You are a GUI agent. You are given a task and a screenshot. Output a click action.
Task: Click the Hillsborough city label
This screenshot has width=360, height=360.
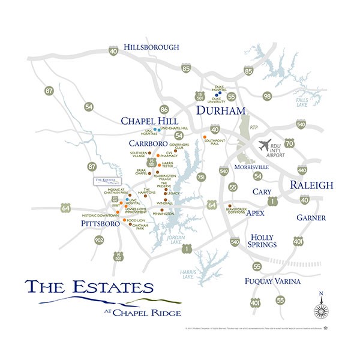152,47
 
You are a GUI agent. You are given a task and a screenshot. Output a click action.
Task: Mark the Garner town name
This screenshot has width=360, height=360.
311,218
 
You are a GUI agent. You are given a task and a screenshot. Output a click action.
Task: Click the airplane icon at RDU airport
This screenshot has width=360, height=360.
263,146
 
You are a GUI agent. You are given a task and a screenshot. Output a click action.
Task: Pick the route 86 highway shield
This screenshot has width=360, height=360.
164,109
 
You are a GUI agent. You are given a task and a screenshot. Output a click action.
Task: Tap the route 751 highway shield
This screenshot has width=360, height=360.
201,177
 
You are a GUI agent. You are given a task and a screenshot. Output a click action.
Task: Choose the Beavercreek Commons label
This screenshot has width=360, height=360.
237,211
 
